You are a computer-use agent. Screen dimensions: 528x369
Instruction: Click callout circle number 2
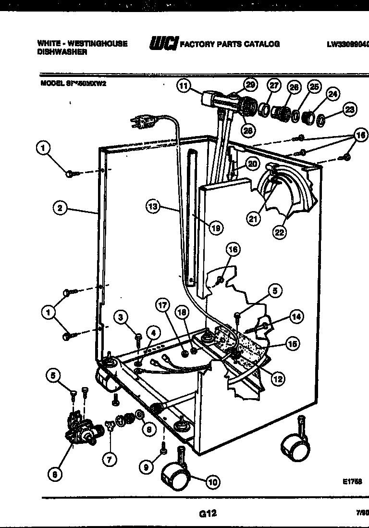coord(60,208)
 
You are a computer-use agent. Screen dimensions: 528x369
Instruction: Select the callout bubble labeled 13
coord(152,207)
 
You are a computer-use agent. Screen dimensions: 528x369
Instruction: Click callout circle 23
coord(350,109)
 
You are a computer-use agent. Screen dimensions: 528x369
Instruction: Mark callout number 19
coord(216,228)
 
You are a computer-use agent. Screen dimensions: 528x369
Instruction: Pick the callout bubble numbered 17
coord(163,305)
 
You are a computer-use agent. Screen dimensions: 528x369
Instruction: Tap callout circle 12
coord(277,378)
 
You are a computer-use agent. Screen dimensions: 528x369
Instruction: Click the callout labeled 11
coord(183,86)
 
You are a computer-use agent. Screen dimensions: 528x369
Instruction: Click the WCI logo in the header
coord(163,44)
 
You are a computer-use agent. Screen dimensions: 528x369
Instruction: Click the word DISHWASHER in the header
coord(62,52)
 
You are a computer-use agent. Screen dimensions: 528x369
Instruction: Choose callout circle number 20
coord(252,163)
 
